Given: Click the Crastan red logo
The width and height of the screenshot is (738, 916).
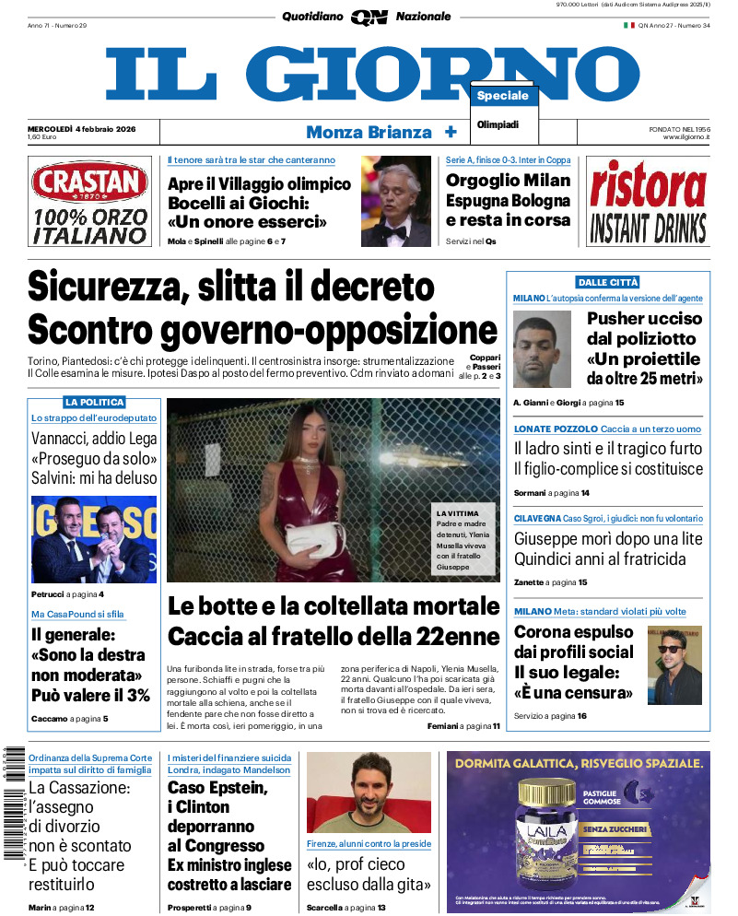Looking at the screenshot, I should pos(89,183).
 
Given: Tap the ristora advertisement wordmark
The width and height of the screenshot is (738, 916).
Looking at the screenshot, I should pos(648,187).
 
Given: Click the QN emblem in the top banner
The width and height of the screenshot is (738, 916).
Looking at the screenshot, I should pos(369,17).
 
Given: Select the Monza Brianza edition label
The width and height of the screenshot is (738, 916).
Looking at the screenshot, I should pos(369,132).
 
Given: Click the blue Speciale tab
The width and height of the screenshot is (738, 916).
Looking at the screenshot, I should pos(503,96).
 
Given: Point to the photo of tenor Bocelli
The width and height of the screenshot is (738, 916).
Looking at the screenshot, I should pos(395,201).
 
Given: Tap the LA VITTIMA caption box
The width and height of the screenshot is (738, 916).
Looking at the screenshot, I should pos(464,539).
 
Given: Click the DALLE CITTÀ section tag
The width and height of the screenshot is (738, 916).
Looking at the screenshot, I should pos(607,282).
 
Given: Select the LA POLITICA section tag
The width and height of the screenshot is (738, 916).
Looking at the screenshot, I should pos(94,403).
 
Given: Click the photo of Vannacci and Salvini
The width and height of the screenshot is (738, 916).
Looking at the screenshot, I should pos(93,539).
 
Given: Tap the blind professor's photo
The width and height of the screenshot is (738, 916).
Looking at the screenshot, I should pos(369,792).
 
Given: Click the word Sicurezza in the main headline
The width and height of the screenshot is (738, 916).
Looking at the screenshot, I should pos(103,286).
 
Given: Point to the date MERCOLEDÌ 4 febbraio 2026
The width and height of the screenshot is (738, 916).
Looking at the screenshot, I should pos(82,129).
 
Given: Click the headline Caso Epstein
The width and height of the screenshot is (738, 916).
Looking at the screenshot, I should pos(217,788).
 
